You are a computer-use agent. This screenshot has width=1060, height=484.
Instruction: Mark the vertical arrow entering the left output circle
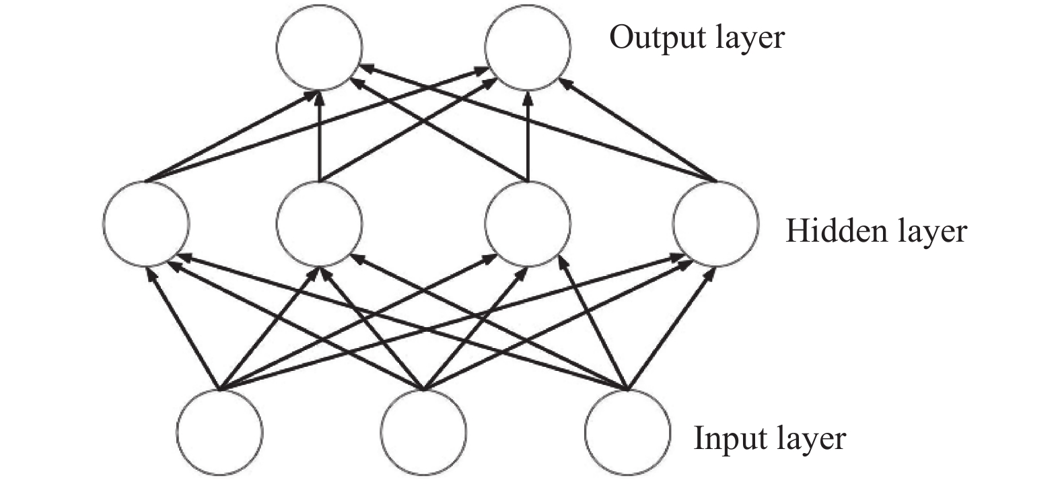tap(320, 136)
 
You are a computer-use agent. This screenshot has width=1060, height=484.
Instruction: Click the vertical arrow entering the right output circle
tap(528, 136)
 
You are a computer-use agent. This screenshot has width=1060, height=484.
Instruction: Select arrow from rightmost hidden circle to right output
tap(638, 129)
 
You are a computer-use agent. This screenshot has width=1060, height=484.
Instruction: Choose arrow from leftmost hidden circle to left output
tap(231, 136)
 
